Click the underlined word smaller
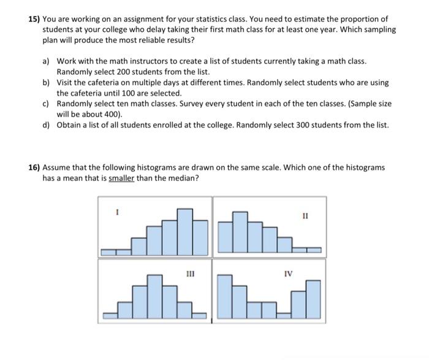(x=121, y=178)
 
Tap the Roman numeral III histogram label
(x=191, y=275)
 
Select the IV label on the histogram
(x=288, y=274)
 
